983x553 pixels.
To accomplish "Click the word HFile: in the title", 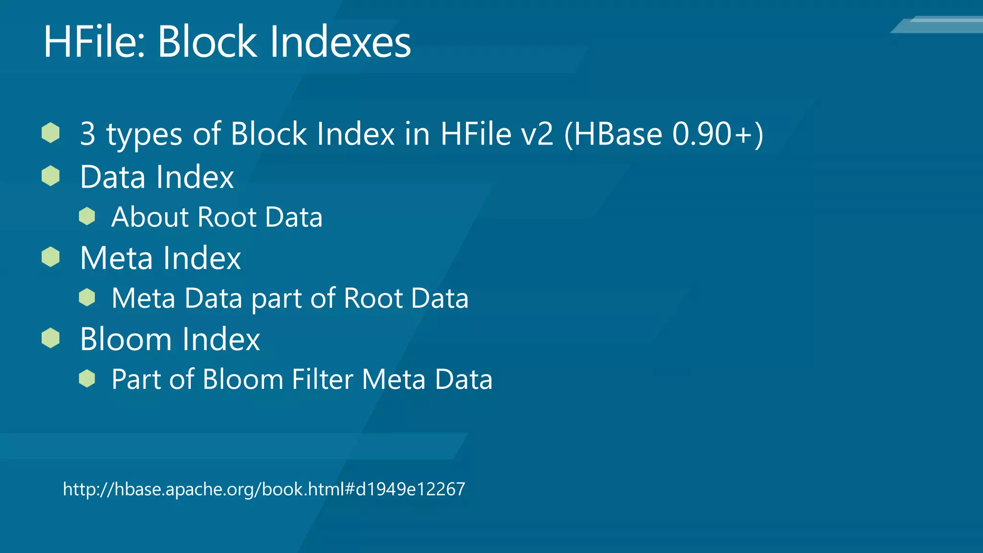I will pos(95,42).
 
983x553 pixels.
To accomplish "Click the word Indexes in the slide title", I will pos(340,42).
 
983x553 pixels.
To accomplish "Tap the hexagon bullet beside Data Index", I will pos(50,176).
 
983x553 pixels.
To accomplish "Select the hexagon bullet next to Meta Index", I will pos(50,257).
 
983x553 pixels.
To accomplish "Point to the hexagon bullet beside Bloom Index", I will pos(50,338).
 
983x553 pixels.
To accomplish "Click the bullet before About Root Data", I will pos(87,216).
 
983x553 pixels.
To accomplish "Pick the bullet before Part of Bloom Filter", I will pos(87,379).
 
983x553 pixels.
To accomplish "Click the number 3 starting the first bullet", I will pos(87,133).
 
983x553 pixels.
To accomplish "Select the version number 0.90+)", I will pos(718,133).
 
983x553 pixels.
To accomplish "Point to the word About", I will pos(150,217).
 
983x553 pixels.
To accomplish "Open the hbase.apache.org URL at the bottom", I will pos(264,489).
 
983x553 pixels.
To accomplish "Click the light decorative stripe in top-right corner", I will pos(941,25).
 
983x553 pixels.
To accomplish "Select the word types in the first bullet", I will pos(144,134).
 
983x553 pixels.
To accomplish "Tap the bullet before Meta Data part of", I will pos(87,298).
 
